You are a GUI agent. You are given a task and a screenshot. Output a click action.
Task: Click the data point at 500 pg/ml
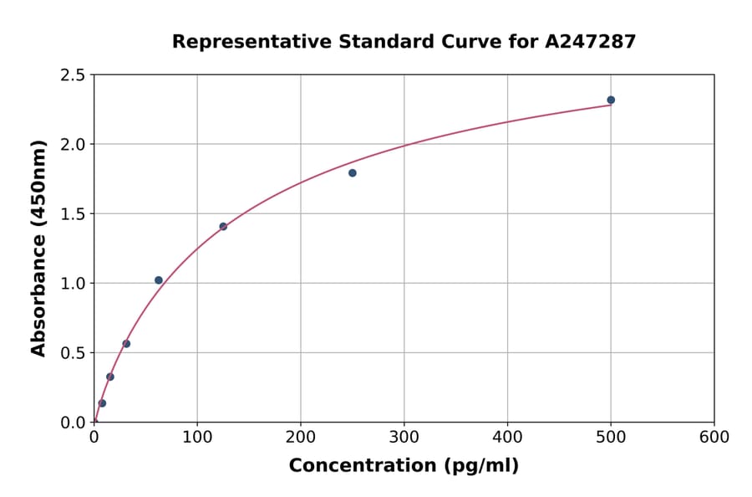click(611, 100)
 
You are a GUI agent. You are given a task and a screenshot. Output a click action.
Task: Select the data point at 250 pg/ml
click(353, 173)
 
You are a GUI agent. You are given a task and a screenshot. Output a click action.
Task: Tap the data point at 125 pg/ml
click(223, 226)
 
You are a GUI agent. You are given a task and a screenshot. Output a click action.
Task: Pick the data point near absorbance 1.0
click(159, 280)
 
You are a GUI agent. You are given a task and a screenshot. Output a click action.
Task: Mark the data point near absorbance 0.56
click(126, 344)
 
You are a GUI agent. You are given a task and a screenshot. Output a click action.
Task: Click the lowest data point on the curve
click(102, 403)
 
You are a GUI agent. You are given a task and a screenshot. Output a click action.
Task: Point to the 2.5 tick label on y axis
click(73, 75)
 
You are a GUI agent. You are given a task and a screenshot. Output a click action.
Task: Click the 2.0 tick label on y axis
click(73, 145)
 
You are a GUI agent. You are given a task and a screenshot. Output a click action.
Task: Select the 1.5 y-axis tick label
click(73, 214)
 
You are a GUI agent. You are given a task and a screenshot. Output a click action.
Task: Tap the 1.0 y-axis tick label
click(73, 284)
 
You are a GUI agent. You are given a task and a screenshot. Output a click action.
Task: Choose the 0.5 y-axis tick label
click(73, 353)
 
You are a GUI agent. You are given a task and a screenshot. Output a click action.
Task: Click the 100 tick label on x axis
click(197, 438)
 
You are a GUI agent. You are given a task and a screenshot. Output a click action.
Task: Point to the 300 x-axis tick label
click(404, 438)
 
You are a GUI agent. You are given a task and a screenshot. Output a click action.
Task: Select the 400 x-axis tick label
click(507, 438)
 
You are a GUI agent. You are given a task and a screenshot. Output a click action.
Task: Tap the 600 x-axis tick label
click(714, 438)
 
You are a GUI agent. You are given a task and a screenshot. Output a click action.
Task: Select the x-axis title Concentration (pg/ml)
click(404, 466)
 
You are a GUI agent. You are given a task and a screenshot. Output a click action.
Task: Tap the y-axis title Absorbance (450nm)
click(38, 248)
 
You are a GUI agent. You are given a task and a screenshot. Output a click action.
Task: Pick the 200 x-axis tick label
click(301, 438)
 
